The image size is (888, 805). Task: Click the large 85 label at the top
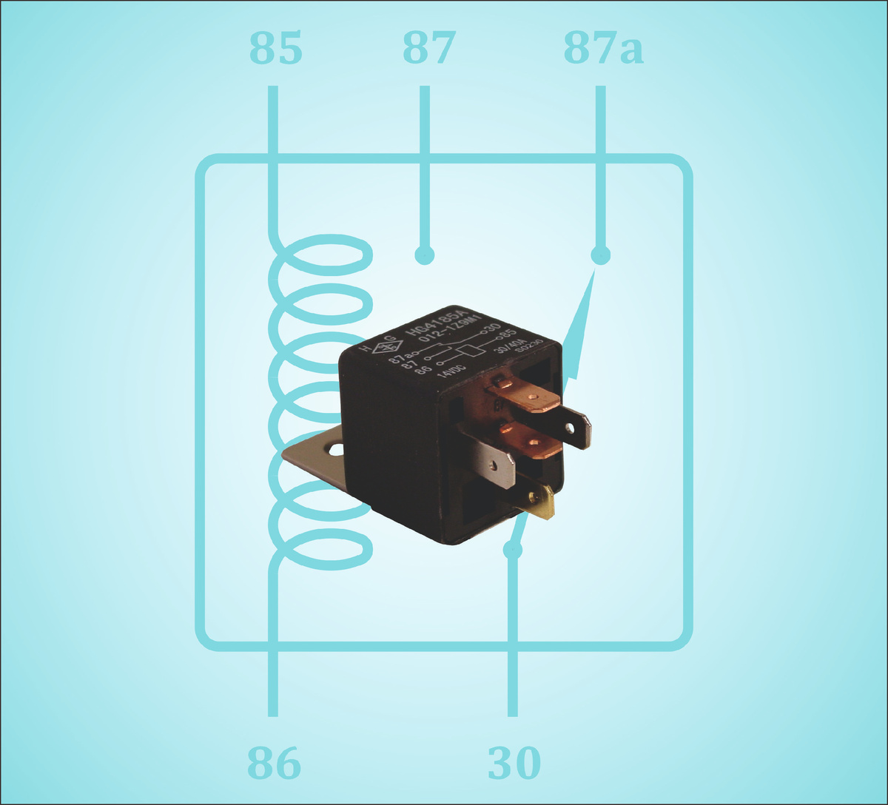point(275,50)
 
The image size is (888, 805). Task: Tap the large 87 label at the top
point(428,50)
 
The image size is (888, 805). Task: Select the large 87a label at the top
point(603,50)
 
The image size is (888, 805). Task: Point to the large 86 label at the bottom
point(274,763)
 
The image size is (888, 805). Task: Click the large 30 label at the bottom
point(514,763)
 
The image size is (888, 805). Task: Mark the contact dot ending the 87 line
point(424,255)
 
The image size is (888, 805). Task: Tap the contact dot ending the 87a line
point(601,255)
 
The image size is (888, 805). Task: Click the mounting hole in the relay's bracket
point(337,448)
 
